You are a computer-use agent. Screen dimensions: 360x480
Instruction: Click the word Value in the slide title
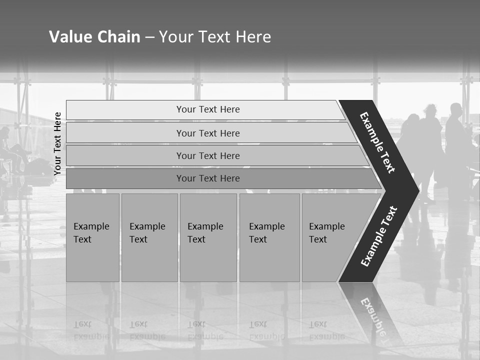[x=69, y=37]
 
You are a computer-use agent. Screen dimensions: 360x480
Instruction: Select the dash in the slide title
[x=149, y=37]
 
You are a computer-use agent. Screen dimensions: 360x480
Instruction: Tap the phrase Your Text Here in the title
[x=215, y=37]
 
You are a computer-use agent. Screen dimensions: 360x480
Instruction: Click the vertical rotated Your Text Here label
[x=57, y=143]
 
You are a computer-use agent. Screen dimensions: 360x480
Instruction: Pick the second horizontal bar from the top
[x=207, y=133]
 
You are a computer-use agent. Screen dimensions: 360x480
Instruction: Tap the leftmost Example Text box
[x=92, y=237]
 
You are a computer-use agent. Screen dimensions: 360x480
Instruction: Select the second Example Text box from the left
[x=149, y=237]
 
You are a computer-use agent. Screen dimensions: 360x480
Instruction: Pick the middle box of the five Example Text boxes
[x=208, y=237]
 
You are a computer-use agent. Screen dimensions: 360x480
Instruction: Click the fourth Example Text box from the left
[x=269, y=237]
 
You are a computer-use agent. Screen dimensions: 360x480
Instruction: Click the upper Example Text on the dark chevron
[x=378, y=142]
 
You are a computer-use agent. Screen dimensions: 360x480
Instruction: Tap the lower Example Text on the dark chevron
[x=378, y=236]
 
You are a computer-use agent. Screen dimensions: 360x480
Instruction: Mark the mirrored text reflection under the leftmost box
[x=91, y=330]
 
